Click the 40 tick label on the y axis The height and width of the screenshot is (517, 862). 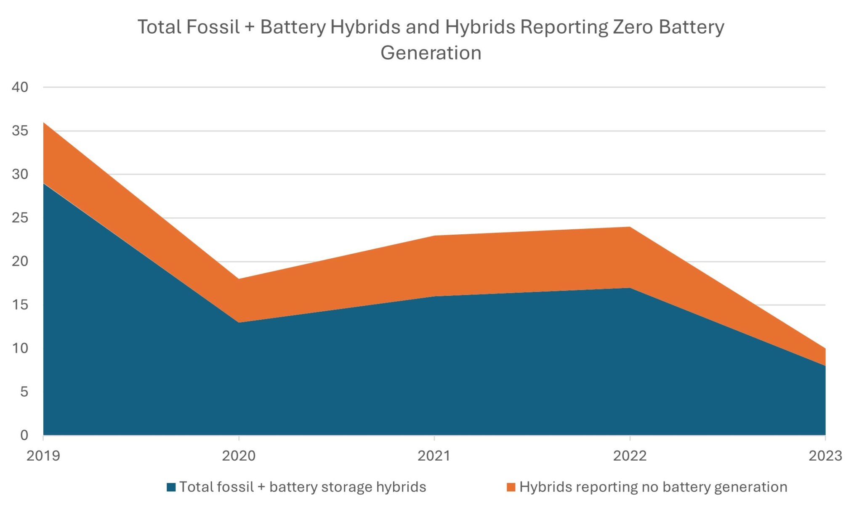[x=20, y=87]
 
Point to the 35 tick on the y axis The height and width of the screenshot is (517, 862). [x=20, y=131]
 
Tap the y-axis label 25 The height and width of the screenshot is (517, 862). [x=20, y=218]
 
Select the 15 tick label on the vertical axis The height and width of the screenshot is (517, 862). [x=20, y=305]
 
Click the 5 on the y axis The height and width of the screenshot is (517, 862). [x=24, y=392]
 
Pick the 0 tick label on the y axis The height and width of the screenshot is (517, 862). [x=24, y=435]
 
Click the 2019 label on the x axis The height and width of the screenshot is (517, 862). [x=43, y=456]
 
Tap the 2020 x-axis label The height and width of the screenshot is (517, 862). [x=239, y=456]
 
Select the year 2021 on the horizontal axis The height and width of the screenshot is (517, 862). [x=434, y=456]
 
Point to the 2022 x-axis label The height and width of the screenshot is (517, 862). [x=630, y=456]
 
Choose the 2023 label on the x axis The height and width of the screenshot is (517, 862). [x=825, y=456]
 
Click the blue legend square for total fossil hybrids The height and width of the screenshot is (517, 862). [x=171, y=488]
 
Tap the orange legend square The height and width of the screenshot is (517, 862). [x=511, y=488]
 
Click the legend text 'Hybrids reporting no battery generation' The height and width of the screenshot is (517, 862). [x=653, y=487]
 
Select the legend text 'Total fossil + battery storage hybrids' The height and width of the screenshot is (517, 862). [x=303, y=487]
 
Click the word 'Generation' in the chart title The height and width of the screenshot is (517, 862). [x=431, y=53]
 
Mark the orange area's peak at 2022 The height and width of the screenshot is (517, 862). [x=630, y=227]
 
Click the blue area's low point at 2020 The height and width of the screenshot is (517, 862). [x=239, y=322]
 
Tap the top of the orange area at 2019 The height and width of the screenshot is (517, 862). [x=44, y=123]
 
